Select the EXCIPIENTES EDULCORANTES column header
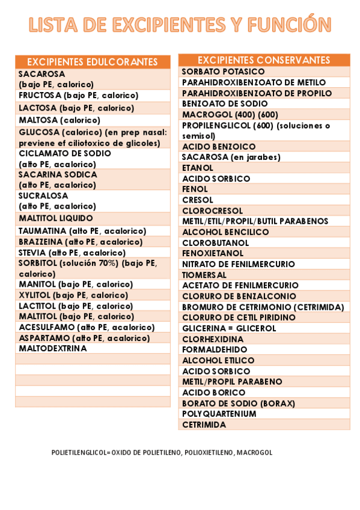(x=93, y=62)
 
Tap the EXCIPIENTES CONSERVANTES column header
(x=264, y=60)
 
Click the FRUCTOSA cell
(x=79, y=95)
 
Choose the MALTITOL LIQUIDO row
(x=56, y=218)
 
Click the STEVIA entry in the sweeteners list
(x=72, y=253)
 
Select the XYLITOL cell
(x=73, y=295)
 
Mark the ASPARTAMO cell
(x=84, y=338)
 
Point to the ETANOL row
(x=198, y=168)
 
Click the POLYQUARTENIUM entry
(x=219, y=414)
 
